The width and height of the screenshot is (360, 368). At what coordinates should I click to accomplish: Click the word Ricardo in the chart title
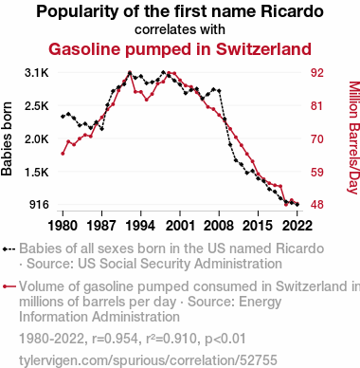[x=292, y=11]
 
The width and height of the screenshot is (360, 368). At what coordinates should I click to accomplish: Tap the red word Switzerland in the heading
[x=263, y=49]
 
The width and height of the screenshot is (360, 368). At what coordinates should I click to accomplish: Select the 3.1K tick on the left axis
[x=37, y=73]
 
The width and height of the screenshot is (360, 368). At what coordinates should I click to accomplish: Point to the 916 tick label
[x=39, y=205]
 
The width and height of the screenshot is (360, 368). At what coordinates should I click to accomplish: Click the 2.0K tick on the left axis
[x=37, y=138]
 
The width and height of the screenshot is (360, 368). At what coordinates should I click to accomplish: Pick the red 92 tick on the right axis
[x=316, y=73]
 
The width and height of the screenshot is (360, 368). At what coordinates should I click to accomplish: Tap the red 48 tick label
[x=316, y=205]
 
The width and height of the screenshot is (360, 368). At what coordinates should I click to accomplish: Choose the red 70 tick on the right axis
[x=316, y=138]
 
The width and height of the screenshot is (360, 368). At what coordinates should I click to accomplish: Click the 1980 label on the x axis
[x=63, y=226]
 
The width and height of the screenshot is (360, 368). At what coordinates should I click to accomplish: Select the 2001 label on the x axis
[x=180, y=226]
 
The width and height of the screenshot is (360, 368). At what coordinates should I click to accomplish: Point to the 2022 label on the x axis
[x=297, y=226]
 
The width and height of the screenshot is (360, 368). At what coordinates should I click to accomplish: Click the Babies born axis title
[x=7, y=138]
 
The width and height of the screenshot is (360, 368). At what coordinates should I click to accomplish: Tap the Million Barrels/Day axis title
[x=353, y=138]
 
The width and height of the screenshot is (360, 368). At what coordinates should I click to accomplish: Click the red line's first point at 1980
[x=63, y=154]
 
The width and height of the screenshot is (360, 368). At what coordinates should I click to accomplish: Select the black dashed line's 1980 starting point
[x=63, y=117]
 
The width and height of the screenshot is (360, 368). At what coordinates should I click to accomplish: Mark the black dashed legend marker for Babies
[x=9, y=248]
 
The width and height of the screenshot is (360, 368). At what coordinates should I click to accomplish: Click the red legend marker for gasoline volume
[x=9, y=286]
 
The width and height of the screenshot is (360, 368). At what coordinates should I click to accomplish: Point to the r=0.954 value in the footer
[x=115, y=339]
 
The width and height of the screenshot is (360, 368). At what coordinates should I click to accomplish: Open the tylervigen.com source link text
[x=148, y=360]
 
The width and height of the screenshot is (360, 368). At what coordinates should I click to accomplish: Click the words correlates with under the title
[x=180, y=29]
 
